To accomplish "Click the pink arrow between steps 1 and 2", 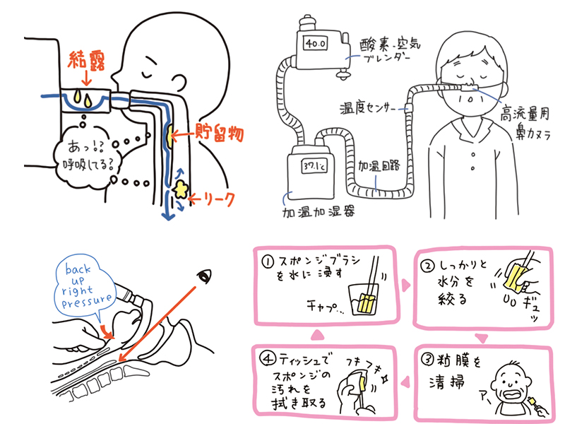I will click(406, 285).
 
